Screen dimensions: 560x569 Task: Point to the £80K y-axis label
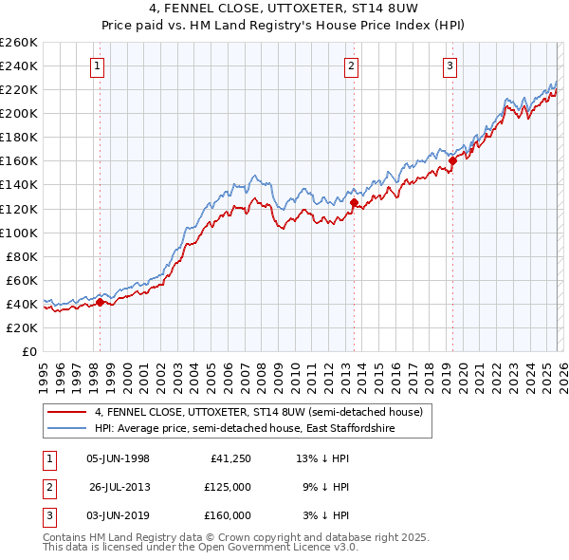(x=21, y=256)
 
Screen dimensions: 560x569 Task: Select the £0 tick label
(x=28, y=351)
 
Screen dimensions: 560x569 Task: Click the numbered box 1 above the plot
(x=99, y=65)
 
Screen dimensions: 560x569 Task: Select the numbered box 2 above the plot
(x=351, y=65)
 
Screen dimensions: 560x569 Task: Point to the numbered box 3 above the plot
(x=450, y=65)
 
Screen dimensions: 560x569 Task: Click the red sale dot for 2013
(x=354, y=202)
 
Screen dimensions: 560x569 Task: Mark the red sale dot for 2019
(x=452, y=160)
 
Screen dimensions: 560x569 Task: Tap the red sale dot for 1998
(x=100, y=303)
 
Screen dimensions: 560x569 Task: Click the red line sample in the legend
(x=67, y=412)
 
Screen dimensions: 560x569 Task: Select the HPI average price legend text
(x=244, y=429)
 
